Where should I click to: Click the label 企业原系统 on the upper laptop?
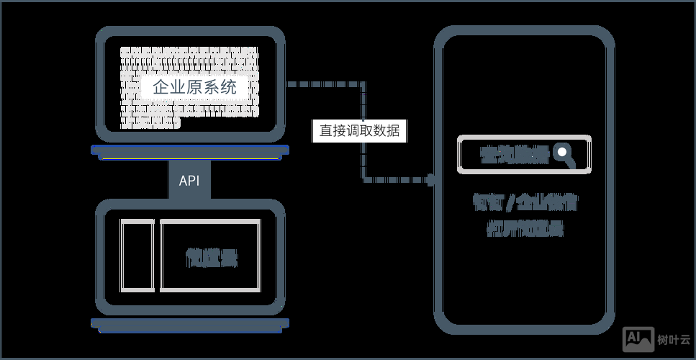194,87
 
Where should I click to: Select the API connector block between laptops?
189,180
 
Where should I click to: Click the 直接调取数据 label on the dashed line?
359,131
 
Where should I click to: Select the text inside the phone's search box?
514,154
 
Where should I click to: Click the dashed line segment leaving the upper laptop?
324,84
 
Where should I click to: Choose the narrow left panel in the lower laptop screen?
137,256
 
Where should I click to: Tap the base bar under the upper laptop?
190,151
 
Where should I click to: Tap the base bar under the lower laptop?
190,324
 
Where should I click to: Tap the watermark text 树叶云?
672,338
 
